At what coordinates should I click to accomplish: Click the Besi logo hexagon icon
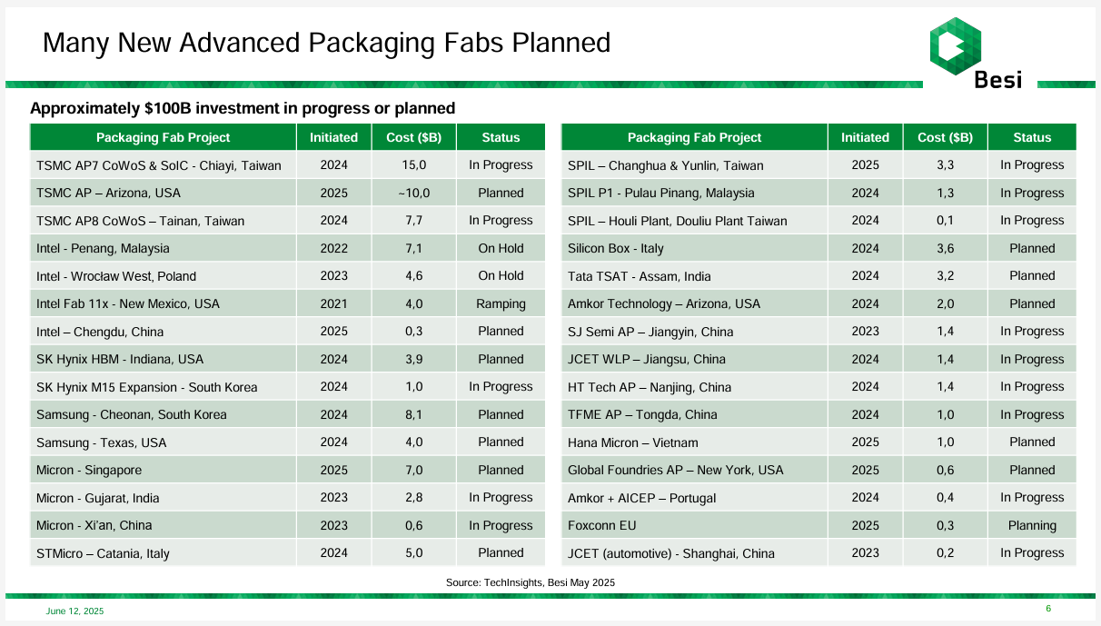coord(955,46)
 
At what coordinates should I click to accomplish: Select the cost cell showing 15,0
coord(414,164)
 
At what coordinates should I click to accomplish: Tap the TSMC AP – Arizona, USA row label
coord(108,193)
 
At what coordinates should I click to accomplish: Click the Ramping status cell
coord(501,303)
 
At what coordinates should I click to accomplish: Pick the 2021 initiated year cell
coord(333,303)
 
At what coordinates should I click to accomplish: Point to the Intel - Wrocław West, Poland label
coord(116,276)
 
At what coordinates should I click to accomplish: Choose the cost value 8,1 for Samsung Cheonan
coord(414,414)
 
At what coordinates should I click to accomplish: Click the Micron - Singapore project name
coord(89,470)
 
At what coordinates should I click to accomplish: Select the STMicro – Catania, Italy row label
coord(103,553)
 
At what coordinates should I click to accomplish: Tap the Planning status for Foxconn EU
coord(1032,526)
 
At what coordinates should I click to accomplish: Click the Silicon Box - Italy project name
coord(615,248)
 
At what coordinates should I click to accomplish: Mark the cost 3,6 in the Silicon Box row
coord(945,248)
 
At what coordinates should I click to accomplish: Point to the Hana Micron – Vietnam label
coord(632,442)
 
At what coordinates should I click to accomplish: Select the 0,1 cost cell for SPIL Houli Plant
coord(945,220)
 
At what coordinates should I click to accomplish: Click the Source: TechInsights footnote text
coord(531,582)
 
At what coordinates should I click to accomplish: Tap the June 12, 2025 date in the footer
coord(74,611)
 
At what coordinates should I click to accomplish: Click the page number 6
coord(1048,609)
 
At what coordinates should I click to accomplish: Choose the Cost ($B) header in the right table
coord(945,137)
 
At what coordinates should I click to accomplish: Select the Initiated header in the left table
coord(333,137)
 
